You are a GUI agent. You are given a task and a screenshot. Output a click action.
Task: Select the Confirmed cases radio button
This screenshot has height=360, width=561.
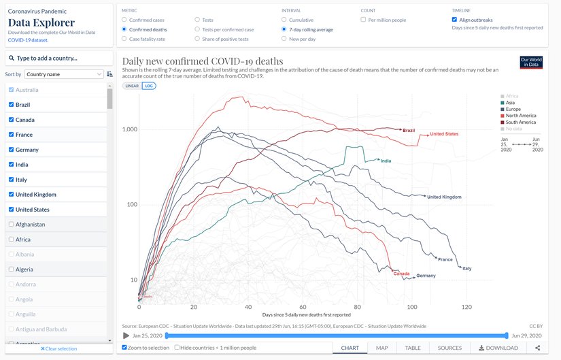(x=124, y=20)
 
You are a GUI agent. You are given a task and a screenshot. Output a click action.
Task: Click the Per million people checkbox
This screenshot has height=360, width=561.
(x=363, y=20)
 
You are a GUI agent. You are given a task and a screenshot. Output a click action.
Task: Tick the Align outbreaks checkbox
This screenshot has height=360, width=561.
(x=454, y=20)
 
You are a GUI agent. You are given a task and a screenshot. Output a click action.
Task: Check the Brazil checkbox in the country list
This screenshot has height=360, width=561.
(x=11, y=105)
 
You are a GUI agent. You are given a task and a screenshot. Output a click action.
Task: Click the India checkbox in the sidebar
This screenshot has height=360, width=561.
(x=11, y=165)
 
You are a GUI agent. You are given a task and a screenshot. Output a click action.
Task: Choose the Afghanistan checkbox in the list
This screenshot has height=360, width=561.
(x=11, y=225)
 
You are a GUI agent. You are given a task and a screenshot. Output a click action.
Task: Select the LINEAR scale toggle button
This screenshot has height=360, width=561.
(x=131, y=86)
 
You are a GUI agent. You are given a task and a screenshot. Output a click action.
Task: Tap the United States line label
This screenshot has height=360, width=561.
(x=443, y=134)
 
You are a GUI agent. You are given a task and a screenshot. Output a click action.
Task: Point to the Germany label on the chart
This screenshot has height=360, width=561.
(x=426, y=276)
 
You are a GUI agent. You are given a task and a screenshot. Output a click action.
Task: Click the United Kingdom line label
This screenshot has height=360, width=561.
(x=444, y=197)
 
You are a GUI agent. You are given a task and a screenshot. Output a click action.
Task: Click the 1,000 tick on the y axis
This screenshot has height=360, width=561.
(x=129, y=129)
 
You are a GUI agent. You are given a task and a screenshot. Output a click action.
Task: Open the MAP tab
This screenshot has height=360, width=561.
(x=382, y=348)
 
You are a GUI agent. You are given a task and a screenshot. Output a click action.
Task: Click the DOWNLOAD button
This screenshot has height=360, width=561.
(x=498, y=348)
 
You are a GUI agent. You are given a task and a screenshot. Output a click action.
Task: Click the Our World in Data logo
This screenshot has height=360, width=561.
(x=530, y=63)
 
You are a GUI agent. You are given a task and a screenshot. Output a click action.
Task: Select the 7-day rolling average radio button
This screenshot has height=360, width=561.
(x=284, y=30)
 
